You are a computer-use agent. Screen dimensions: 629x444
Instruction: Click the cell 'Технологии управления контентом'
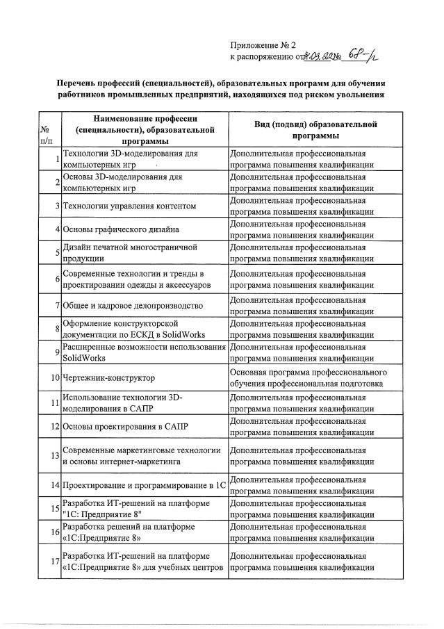coord(129,206)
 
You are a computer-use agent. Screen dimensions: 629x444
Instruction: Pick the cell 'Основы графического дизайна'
coord(121,229)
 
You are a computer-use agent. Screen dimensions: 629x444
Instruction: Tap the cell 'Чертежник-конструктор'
coord(108,377)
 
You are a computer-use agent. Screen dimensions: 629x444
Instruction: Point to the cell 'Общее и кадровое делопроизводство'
coord(132,305)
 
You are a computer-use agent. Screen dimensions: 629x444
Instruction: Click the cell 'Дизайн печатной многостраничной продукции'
coord(130,252)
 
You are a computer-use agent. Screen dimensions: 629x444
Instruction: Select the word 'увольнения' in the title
coord(354,95)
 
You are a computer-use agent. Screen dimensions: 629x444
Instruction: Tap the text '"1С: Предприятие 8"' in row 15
coord(102,514)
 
